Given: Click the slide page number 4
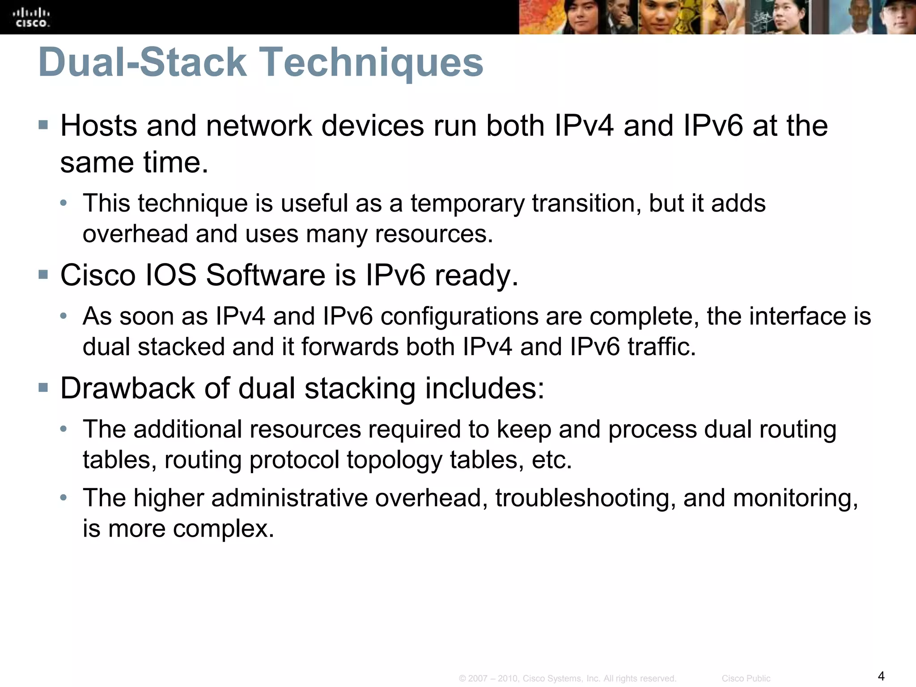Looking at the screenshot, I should click(x=881, y=675).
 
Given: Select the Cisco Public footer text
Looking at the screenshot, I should click(x=746, y=679).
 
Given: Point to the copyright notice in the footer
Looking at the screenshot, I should click(x=567, y=679).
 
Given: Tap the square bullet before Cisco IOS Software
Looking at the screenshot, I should click(x=43, y=274).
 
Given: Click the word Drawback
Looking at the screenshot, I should click(x=127, y=388).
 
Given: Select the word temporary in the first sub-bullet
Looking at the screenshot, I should click(x=467, y=204).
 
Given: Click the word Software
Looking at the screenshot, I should click(x=265, y=275).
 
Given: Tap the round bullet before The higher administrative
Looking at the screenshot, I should click(x=64, y=497).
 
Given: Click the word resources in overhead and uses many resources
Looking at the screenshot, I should click(x=433, y=234).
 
